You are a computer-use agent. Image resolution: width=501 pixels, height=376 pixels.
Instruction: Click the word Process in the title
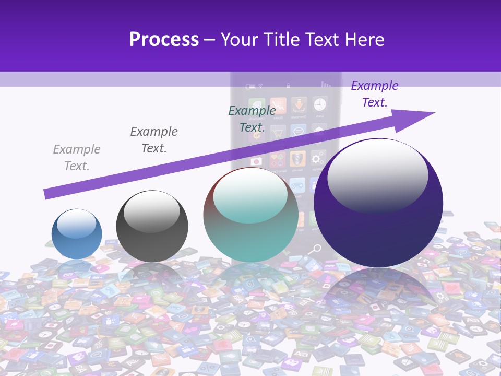pyautogui.click(x=164, y=40)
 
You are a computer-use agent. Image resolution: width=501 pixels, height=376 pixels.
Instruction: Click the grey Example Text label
pyautogui.click(x=77, y=158)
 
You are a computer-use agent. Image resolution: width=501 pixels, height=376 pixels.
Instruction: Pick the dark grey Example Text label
pyautogui.click(x=154, y=140)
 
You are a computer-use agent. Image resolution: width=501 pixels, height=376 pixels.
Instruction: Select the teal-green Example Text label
pyautogui.click(x=252, y=119)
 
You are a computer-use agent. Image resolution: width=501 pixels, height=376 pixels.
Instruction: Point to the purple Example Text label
pyautogui.click(x=375, y=94)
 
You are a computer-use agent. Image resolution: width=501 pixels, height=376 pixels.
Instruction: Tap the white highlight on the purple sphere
pyautogui.click(x=378, y=175)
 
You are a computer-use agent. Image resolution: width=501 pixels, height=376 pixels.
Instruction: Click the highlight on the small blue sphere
pyautogui.click(x=76, y=224)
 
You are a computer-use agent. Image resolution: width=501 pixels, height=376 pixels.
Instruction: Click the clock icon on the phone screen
pyautogui.click(x=319, y=104)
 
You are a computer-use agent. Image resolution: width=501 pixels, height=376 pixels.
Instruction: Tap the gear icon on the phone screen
pyautogui.click(x=317, y=158)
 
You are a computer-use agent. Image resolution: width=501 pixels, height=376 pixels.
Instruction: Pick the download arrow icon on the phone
pyautogui.click(x=299, y=105)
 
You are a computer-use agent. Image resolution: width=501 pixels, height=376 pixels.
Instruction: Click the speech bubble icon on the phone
pyautogui.click(x=298, y=132)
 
